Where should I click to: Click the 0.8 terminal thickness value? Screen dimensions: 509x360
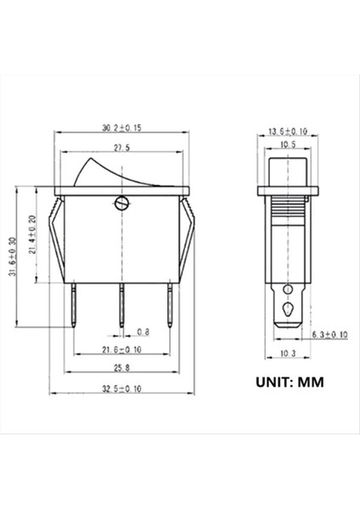143,331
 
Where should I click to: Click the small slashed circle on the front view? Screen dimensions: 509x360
121,203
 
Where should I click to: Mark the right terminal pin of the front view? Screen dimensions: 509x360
169,305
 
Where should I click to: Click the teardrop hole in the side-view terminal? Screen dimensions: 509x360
289,310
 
